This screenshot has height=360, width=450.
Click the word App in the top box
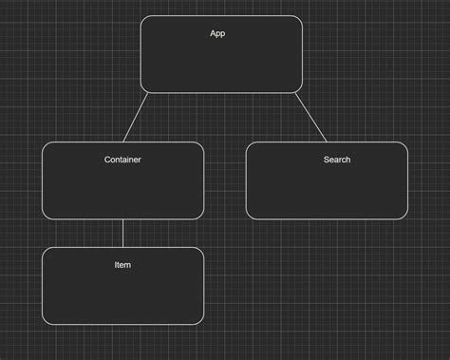click(217, 34)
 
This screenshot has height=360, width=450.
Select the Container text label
click(122, 160)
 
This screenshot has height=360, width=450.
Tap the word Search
click(336, 160)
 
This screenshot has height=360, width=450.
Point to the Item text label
click(122, 265)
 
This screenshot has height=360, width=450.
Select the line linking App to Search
click(309, 117)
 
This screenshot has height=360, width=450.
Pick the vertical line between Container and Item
click(122, 233)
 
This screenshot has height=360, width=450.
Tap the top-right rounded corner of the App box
click(299, 19)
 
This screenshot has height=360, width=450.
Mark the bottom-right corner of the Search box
click(404, 217)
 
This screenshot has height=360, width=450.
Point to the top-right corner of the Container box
click(200, 145)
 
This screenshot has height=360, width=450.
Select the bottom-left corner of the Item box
click(46, 321)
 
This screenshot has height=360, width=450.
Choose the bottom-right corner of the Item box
click(200, 321)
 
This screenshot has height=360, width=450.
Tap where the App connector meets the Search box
click(325, 142)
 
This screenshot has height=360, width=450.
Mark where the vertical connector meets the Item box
click(122, 247)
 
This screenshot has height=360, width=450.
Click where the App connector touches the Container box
click(122, 142)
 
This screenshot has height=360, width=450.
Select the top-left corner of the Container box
click(46, 145)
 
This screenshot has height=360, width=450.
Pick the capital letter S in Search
click(327, 160)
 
